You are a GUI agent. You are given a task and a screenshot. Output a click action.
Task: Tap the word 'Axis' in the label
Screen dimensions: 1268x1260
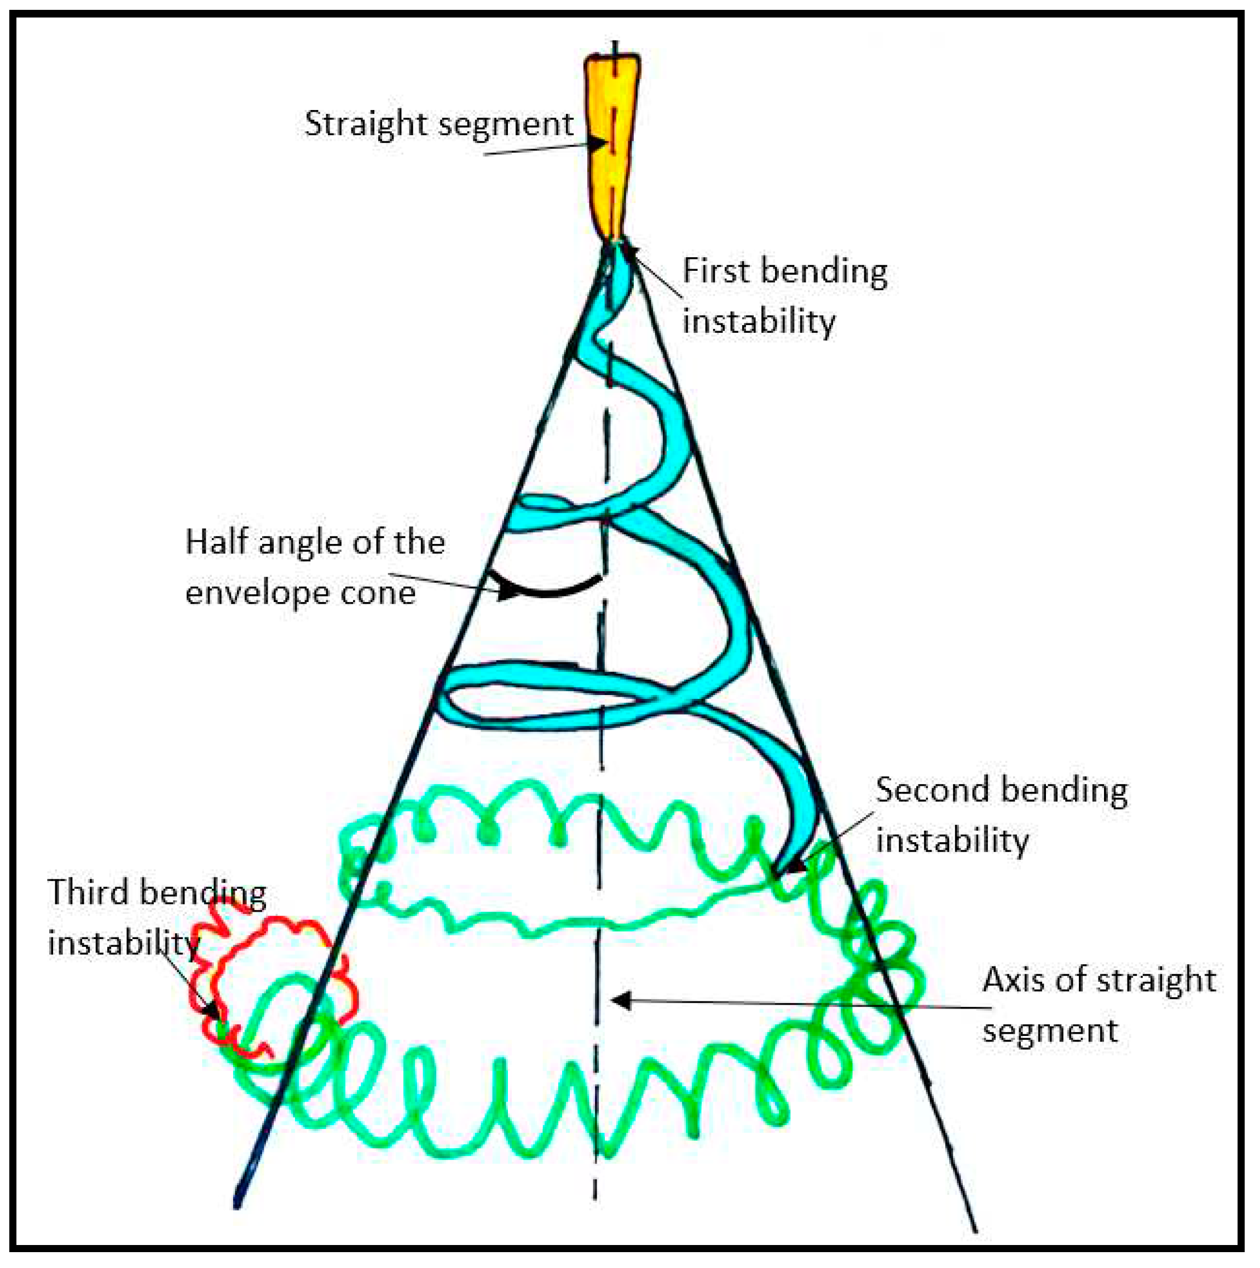pos(1013,981)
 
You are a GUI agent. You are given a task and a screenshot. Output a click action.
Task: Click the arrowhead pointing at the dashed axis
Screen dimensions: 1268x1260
pos(621,1000)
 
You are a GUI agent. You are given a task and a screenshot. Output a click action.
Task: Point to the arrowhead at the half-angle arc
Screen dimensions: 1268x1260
pos(507,590)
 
